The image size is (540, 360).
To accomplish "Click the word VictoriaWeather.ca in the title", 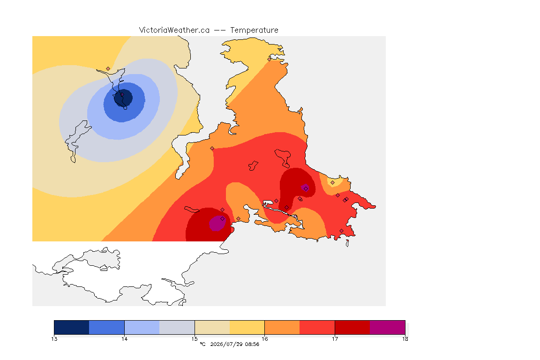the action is [x=174, y=30].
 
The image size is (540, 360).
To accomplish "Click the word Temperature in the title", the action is [x=254, y=30].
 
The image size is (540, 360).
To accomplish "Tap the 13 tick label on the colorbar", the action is [x=54, y=339].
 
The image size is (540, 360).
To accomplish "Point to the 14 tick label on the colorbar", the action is [x=124, y=339].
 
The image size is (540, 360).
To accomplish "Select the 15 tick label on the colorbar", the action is [x=195, y=339].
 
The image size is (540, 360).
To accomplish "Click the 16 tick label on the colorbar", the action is [x=264, y=339].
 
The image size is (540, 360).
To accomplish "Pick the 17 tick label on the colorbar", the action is [x=335, y=339].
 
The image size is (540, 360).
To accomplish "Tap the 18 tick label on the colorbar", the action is [x=405, y=339].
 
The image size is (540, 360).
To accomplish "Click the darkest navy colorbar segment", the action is [x=72, y=327].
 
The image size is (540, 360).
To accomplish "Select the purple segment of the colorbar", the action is [x=388, y=327].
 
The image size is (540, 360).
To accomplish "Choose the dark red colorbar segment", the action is [x=352, y=327].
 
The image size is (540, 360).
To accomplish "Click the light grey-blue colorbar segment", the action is [x=177, y=327].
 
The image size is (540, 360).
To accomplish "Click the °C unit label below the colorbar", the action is [x=203, y=344].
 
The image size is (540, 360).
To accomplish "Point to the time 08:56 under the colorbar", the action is [x=252, y=344].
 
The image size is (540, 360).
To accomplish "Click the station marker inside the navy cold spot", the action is [x=122, y=94].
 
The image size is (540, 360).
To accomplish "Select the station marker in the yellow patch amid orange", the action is [x=332, y=183].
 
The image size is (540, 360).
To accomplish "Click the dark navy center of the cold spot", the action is [x=123, y=98].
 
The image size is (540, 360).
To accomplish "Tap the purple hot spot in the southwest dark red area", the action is [x=217, y=223].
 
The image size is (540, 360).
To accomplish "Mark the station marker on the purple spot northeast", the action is [x=306, y=189].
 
